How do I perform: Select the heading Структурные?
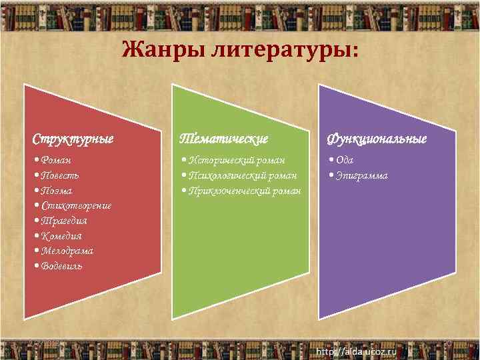pyautogui.click(x=73, y=139)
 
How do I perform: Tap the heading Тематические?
pyautogui.click(x=224, y=139)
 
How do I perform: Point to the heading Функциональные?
pyautogui.click(x=377, y=139)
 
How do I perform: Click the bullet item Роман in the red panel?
pyautogui.click(x=56, y=160)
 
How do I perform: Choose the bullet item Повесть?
pyautogui.click(x=60, y=175)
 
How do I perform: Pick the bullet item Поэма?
pyautogui.click(x=56, y=191)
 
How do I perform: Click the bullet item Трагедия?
pyautogui.click(x=64, y=221)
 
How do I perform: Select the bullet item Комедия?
pyautogui.click(x=61, y=236)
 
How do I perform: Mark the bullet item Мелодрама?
pyautogui.click(x=67, y=251)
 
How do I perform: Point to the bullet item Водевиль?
pyautogui.click(x=61, y=266)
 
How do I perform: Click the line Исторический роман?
pyautogui.click(x=237, y=160)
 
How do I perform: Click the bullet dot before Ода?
pyautogui.click(x=331, y=161)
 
